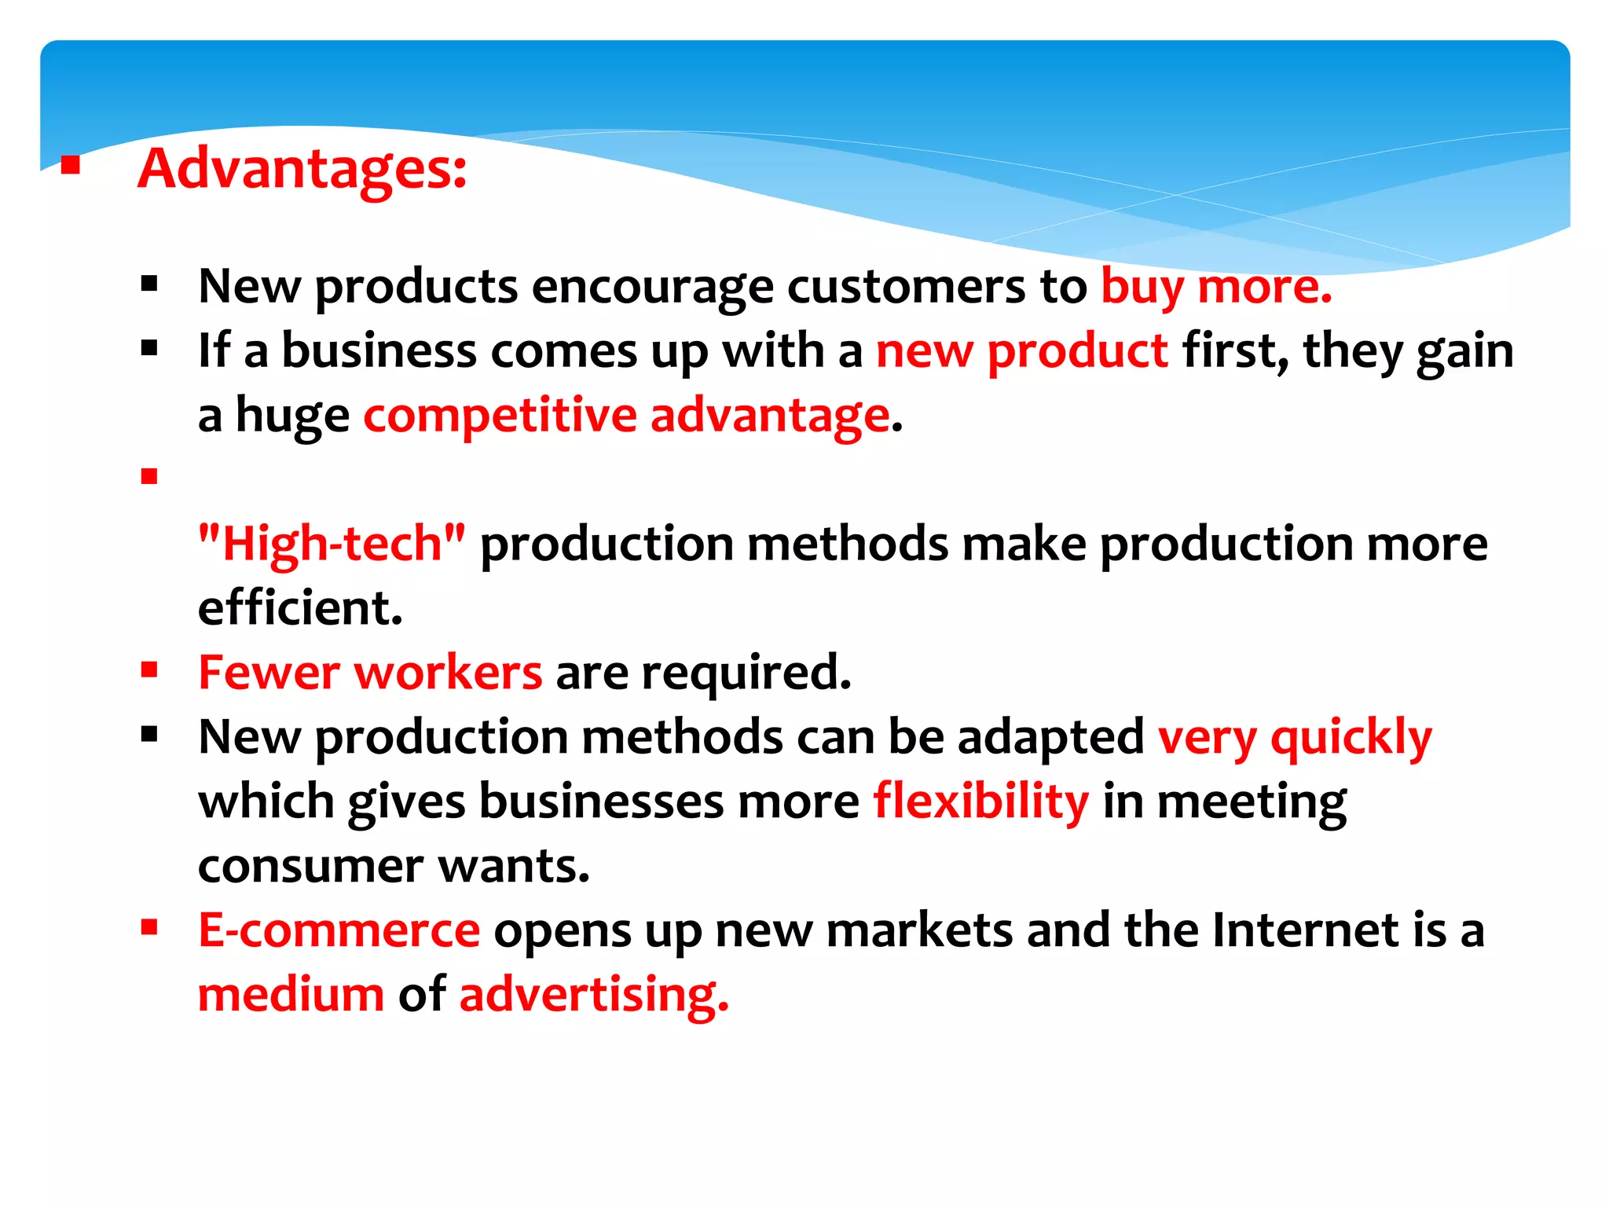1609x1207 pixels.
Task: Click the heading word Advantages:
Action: [302, 169]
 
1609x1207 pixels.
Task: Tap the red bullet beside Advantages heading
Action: [71, 165]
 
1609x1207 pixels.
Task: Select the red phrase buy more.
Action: [1215, 287]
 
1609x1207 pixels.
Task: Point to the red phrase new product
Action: [1021, 351]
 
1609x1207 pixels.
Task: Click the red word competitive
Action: [500, 416]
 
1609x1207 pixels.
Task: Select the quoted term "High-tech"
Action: [332, 544]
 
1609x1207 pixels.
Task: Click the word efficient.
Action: [299, 609]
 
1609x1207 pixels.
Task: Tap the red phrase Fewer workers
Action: [369, 673]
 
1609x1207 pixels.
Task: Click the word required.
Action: [746, 673]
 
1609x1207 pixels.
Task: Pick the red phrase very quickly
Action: [1294, 739]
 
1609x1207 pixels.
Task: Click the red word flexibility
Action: [980, 802]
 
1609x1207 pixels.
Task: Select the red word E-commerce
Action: [339, 931]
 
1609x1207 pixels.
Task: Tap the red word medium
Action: [291, 996]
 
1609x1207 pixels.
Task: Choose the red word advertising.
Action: [593, 996]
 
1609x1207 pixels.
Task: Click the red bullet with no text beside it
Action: [149, 476]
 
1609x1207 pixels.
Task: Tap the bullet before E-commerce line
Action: [149, 928]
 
